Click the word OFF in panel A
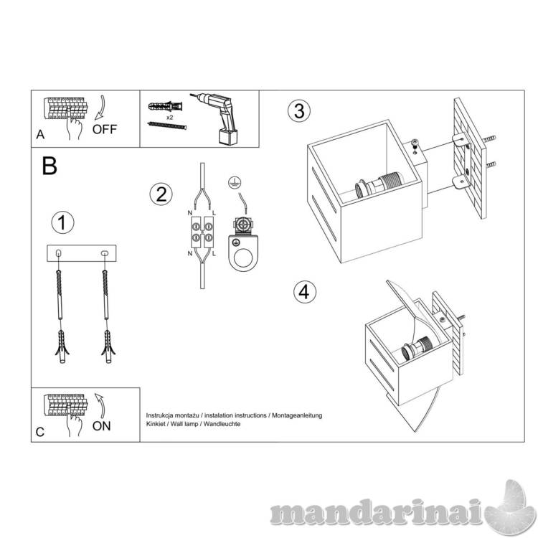105,129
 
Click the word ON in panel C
102,426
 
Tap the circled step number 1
62,222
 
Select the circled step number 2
161,194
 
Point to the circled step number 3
299,110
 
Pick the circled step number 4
305,293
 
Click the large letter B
49,166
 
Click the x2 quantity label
169,118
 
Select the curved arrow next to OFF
101,108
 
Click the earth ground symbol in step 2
233,183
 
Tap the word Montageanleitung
297,415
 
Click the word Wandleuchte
222,424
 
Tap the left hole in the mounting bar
59,253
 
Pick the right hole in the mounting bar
105,253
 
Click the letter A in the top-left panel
40,135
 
